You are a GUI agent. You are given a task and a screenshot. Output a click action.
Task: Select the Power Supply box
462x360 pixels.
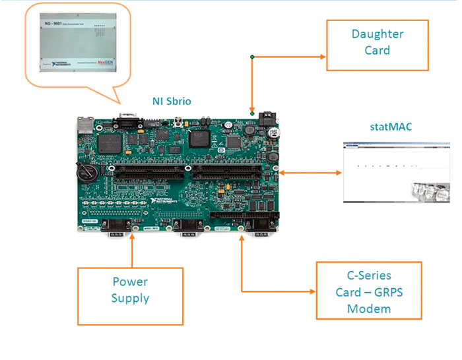click(129, 289)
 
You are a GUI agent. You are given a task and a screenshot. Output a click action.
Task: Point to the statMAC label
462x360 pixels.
click(391, 126)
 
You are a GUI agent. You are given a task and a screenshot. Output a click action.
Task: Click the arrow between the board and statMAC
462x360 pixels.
click(311, 173)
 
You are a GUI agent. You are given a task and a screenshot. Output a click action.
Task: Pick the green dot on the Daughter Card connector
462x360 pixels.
click(251, 57)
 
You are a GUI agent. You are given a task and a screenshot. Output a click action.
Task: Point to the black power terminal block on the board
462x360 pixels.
click(269, 119)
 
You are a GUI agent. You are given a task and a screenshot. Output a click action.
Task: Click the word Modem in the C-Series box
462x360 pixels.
click(368, 309)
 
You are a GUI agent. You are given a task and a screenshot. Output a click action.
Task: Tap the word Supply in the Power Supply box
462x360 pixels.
click(129, 298)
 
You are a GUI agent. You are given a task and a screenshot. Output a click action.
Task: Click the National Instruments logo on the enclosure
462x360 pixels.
click(56, 66)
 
